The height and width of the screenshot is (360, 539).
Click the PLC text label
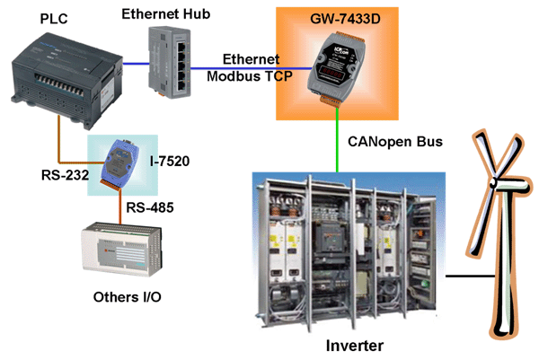tap(54, 19)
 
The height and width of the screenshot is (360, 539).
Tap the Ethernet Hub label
tap(165, 14)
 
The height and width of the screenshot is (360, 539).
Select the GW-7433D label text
tap(345, 19)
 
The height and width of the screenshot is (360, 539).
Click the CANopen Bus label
tap(395, 142)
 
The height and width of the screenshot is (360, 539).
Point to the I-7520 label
tap(170, 161)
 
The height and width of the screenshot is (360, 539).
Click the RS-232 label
tap(65, 175)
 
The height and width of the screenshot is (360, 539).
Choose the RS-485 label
tap(150, 207)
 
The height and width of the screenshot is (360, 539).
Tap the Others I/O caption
tap(128, 297)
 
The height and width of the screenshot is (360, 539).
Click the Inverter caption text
tap(355, 346)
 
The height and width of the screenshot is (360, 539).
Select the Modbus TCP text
tap(250, 76)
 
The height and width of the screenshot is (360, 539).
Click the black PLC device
tap(66, 81)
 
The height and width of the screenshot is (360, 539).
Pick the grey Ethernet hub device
tap(170, 62)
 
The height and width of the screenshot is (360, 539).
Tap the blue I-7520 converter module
tap(120, 163)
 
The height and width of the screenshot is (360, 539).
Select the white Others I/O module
tap(121, 249)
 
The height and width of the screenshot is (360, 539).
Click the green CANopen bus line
tap(337, 139)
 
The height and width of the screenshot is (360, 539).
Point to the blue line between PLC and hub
tap(137, 63)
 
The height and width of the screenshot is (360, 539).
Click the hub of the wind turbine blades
tap(493, 182)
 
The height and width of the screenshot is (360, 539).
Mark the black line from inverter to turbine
tap(470, 276)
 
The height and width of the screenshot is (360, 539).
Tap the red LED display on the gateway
tap(331, 73)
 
